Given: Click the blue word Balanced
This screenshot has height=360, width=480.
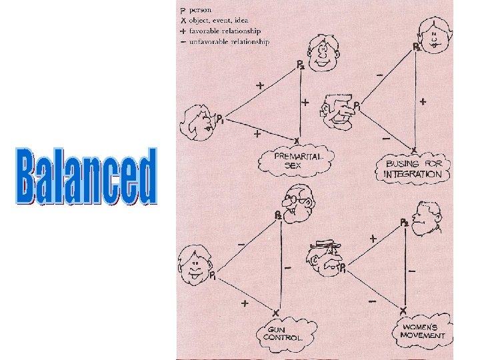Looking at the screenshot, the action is tap(87, 176).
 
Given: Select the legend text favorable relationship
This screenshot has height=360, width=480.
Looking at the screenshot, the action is tap(225, 31).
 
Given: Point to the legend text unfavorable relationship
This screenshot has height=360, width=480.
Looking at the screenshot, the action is tap(228, 41).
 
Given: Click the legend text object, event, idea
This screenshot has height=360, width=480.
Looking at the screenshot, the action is tap(223, 20).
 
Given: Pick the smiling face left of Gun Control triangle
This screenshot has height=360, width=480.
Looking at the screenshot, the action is tap(193, 263).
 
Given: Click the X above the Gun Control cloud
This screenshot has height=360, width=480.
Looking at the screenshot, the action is tap(275, 311).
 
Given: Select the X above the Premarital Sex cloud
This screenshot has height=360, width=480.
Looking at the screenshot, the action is tap(297, 140).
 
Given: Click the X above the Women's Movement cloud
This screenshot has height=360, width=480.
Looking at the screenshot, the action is tap(403, 311).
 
